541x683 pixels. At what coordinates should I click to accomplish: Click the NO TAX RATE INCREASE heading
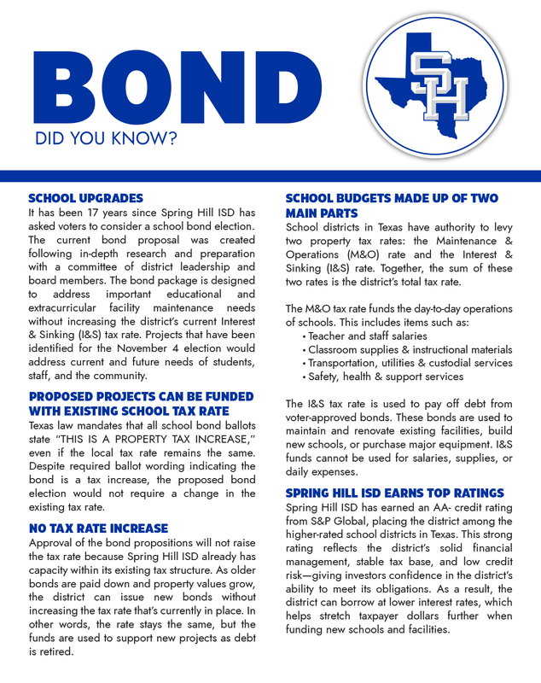click(98, 528)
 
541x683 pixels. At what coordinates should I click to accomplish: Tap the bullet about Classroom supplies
click(410, 350)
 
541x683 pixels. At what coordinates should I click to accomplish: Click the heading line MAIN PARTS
click(322, 213)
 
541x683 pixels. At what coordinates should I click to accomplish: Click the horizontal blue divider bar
click(270, 176)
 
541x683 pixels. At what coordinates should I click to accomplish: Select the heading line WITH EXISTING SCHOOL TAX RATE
click(129, 411)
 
